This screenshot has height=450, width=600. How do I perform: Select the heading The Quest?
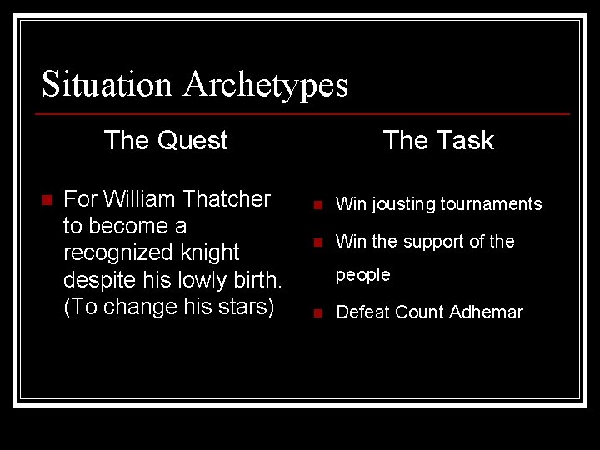pyautogui.click(x=166, y=140)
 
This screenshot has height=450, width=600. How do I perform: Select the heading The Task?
pyautogui.click(x=438, y=140)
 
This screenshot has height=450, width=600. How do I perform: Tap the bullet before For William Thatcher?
pyautogui.click(x=47, y=200)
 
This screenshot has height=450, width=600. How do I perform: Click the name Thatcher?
pyautogui.click(x=227, y=199)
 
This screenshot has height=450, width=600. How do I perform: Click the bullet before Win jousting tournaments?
pyautogui.click(x=317, y=205)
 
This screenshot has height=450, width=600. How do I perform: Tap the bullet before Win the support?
pyautogui.click(x=317, y=242)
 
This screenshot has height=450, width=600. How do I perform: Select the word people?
pyautogui.click(x=362, y=275)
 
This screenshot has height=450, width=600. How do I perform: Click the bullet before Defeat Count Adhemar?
pyautogui.click(x=317, y=313)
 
